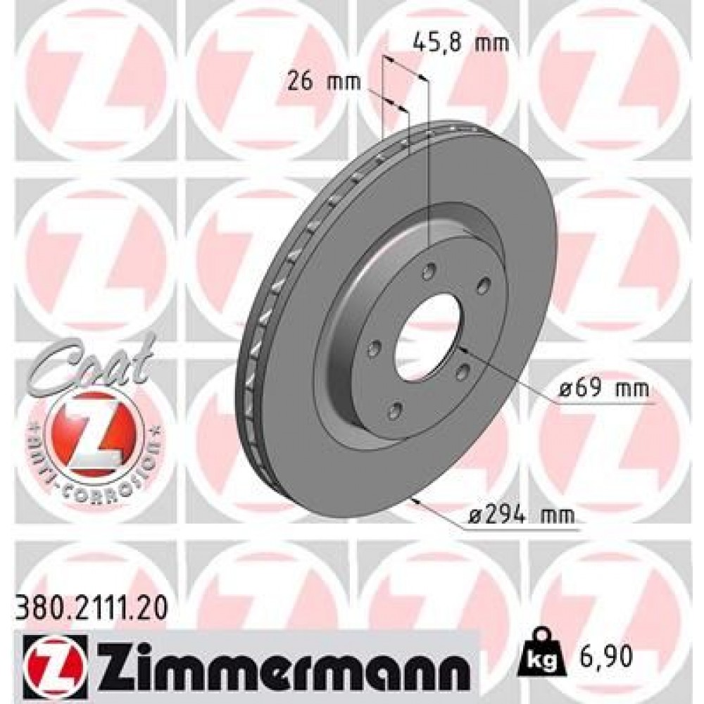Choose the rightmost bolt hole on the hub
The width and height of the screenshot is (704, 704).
484,284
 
